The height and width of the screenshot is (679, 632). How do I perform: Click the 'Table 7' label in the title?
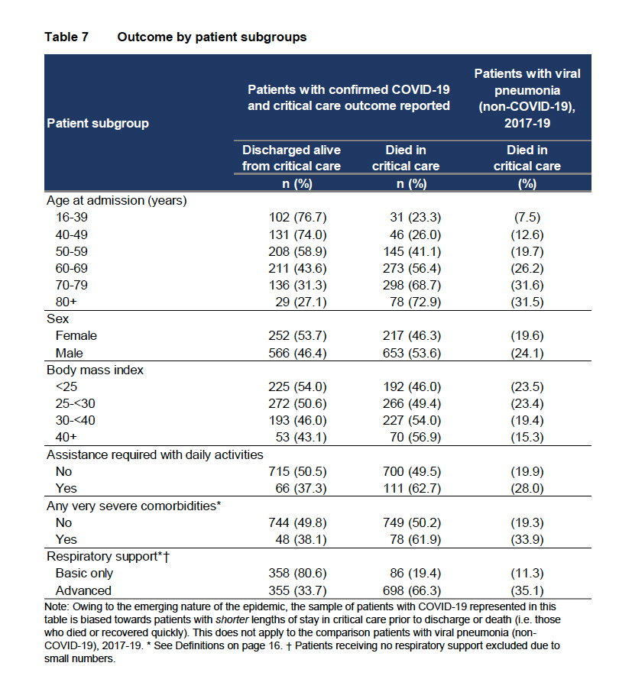[66, 37]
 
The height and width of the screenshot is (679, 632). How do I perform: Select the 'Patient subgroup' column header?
[98, 122]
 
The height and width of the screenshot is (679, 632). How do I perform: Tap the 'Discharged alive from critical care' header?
[291, 157]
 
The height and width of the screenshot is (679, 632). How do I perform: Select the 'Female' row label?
[76, 335]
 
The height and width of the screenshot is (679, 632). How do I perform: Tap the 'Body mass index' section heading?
[96, 370]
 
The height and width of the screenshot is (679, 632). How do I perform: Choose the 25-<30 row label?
[76, 403]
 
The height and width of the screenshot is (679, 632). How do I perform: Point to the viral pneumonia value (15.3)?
[527, 437]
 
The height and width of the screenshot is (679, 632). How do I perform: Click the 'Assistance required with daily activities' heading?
[155, 454]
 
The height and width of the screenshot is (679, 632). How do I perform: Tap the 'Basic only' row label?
[84, 573]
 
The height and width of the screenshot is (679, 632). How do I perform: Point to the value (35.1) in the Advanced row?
[527, 590]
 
